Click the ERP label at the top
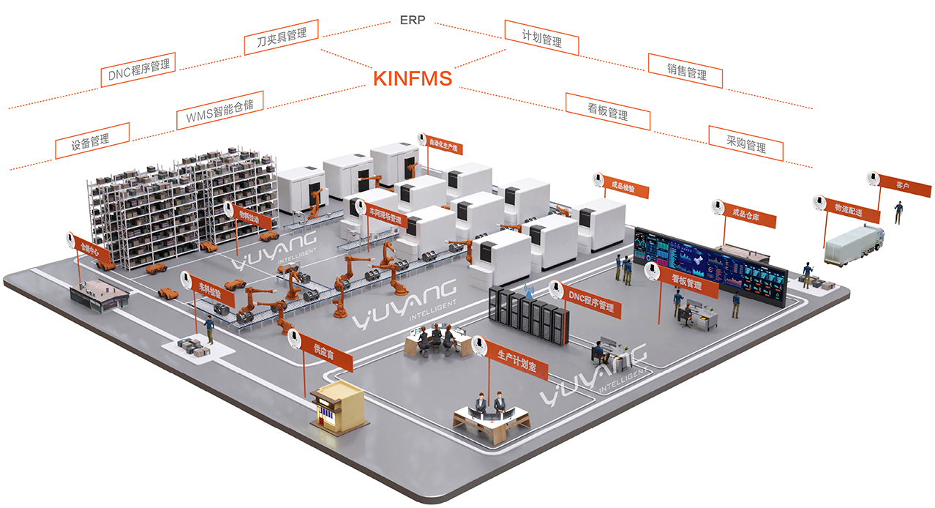coord(413,20)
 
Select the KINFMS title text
coord(413,78)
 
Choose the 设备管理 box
coord(92,141)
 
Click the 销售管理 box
coord(686,71)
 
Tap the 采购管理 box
coord(746,143)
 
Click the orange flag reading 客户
coord(901,186)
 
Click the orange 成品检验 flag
coord(628,189)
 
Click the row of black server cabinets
coord(528,315)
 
